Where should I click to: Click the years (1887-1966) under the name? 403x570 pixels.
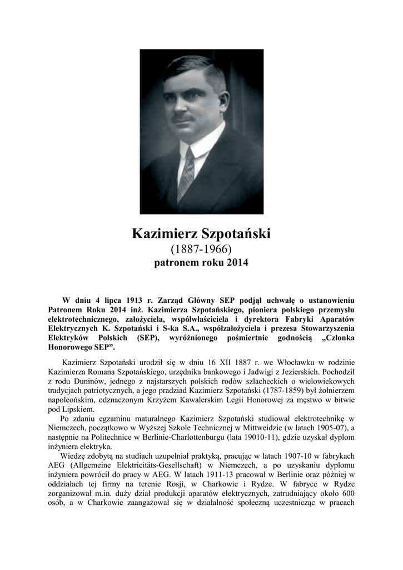[x=201, y=248]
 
